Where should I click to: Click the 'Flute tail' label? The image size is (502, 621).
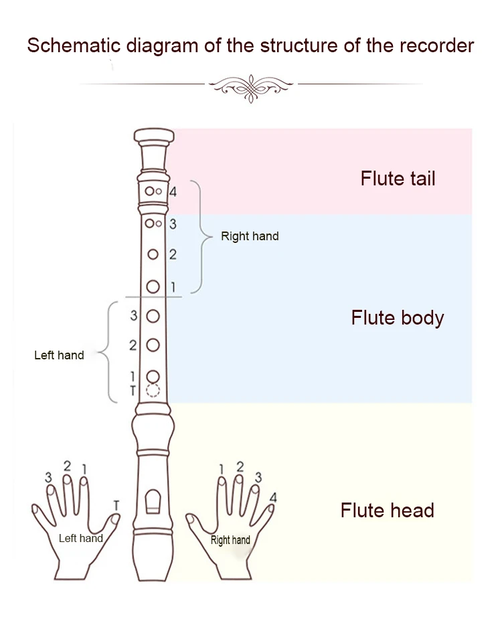point(398,179)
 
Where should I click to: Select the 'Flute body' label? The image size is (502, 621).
point(397,317)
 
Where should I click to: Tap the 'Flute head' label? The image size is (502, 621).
point(387,511)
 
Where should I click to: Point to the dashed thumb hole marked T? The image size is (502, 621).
point(153,391)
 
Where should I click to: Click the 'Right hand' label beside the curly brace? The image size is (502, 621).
point(250,236)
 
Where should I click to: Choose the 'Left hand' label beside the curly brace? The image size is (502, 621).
point(59,355)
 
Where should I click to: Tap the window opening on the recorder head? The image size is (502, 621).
point(153,501)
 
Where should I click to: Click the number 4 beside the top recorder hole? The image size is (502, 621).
point(173,192)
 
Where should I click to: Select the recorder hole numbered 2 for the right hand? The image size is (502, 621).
point(153,254)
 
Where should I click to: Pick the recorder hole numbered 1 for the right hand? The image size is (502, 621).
point(153,286)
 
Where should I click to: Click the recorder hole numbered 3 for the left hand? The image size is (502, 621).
point(153,315)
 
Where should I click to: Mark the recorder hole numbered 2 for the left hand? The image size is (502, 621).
point(153,345)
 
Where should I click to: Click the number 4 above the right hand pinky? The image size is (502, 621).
point(272,497)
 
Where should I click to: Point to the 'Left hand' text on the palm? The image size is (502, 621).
point(80,538)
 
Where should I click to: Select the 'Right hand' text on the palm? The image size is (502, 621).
point(230,540)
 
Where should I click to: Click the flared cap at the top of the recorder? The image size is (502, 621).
point(153,137)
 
